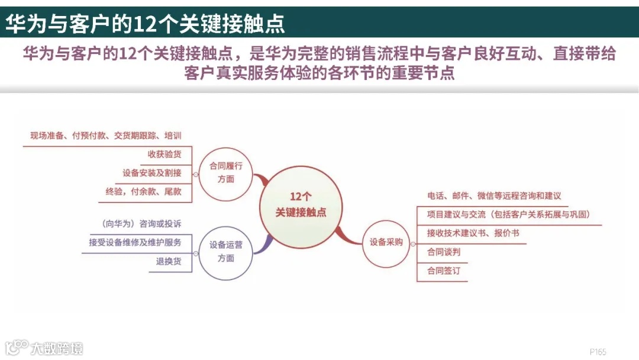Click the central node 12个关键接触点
301,204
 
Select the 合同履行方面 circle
225,172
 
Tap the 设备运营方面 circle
225,251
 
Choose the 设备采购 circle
386,242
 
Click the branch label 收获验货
164,155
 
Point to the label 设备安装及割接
152,173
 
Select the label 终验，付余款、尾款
143,192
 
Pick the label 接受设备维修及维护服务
135,242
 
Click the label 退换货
169,261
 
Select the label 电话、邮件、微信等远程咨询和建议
494,196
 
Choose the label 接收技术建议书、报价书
473,233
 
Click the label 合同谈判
443,252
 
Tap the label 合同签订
443,271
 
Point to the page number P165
598,352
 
